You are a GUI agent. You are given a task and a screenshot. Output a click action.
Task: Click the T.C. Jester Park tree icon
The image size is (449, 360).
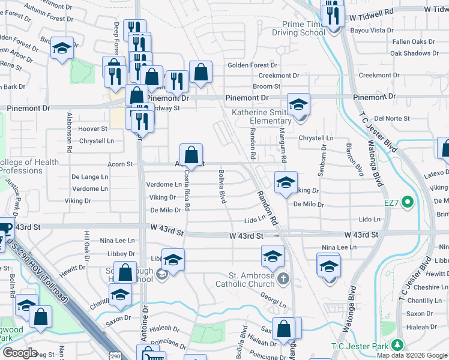coord(397,345)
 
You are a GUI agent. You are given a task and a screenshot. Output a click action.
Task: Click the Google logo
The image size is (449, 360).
coord(20,352)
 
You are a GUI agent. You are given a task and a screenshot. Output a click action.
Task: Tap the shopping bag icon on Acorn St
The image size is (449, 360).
coord(191,155)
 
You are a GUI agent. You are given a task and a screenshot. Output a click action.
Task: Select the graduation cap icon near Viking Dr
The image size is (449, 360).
coord(286,183)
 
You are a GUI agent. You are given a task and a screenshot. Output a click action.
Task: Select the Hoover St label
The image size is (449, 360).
coord(92,128)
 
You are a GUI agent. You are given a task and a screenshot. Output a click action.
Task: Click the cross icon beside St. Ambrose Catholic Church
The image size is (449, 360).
coord(283,278)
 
